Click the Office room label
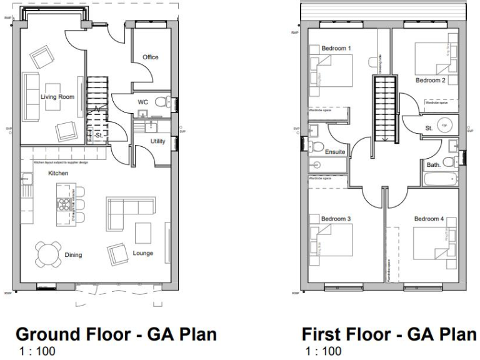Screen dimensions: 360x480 (151, 57)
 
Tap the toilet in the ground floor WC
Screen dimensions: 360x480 (161, 102)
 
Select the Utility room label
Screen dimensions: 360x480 (157, 141)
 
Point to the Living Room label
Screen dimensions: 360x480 (57, 97)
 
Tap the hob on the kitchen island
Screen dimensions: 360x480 (64, 202)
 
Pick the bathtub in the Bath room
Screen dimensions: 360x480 (441, 180)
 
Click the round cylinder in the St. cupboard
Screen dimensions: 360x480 (445, 124)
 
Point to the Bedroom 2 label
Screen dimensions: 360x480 (430, 81)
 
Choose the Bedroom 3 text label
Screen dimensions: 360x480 (336, 219)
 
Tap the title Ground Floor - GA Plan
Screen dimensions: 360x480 (116, 335)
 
